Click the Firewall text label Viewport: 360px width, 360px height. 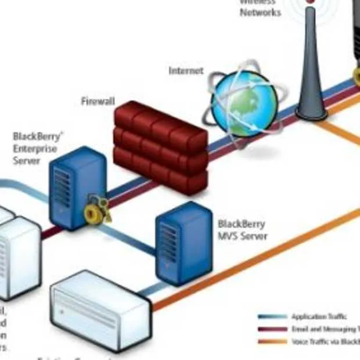[x=98, y=102]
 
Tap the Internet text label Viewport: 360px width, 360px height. [x=186, y=71]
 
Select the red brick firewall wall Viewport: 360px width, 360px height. [x=160, y=146]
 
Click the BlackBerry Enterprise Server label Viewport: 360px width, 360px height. [x=35, y=148]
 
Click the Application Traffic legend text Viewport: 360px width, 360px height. [x=319, y=316]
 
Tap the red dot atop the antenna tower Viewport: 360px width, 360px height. [x=311, y=2]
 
